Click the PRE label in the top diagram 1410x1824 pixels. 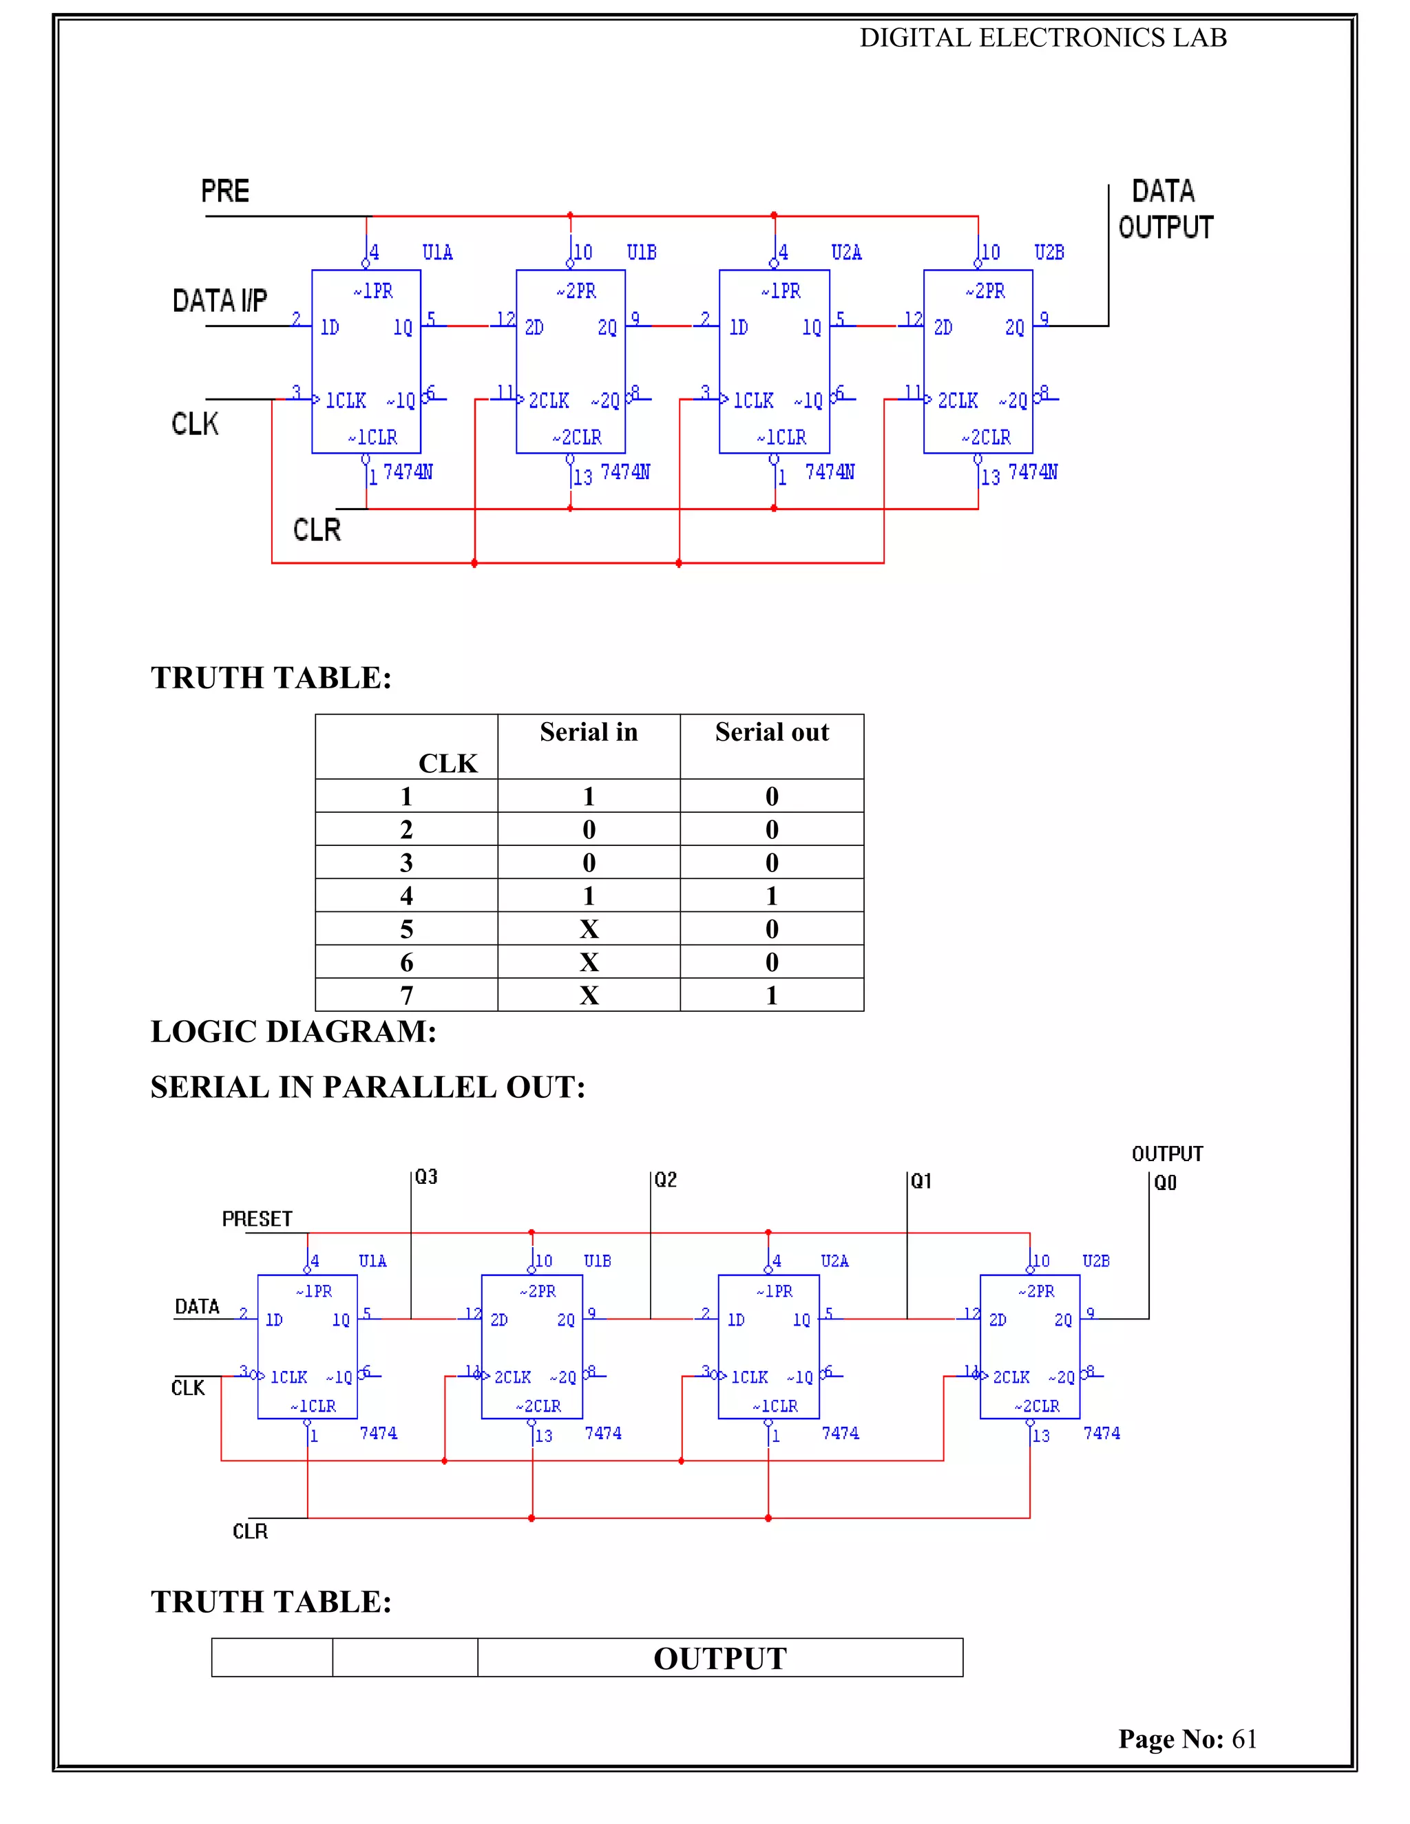pos(224,191)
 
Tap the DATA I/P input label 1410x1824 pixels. pos(220,301)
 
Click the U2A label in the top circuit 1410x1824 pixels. pos(845,252)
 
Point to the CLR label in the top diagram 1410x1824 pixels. pos(317,529)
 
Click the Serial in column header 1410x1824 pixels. pos(588,732)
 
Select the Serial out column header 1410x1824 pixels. pos(772,732)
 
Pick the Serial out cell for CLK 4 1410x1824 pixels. pos(772,895)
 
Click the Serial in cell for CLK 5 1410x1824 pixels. pos(589,929)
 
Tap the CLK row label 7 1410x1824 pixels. pos(407,995)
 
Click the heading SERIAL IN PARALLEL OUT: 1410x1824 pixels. pos(368,1088)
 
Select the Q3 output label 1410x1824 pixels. pos(426,1177)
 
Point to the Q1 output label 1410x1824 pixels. pos(920,1181)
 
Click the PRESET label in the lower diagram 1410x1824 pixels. pos(256,1220)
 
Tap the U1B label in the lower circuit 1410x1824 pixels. pos(597,1261)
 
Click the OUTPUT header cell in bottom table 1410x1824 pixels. pos(720,1659)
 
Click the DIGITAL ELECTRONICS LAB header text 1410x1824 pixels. pos(1043,38)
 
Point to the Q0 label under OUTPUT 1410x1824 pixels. pos(1166,1183)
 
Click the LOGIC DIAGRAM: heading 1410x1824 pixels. pos(293,1032)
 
